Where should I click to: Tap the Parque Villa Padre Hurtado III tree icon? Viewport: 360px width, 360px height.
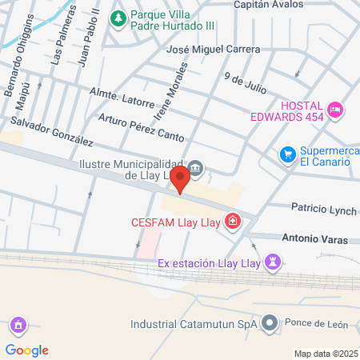point(118,17)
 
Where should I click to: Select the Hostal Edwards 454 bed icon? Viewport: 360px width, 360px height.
point(336,107)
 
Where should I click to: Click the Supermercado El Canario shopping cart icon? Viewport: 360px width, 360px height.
point(287,154)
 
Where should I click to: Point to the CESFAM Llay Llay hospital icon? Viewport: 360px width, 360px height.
point(233,221)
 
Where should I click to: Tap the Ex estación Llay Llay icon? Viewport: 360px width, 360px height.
point(274,262)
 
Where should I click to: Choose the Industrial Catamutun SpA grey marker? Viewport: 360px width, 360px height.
point(270,323)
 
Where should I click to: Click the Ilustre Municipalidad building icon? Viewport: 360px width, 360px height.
point(197,168)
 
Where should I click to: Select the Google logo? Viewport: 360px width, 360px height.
point(27,350)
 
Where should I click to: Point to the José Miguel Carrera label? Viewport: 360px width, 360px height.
point(212,50)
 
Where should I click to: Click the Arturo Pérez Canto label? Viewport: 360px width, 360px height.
point(141,126)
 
